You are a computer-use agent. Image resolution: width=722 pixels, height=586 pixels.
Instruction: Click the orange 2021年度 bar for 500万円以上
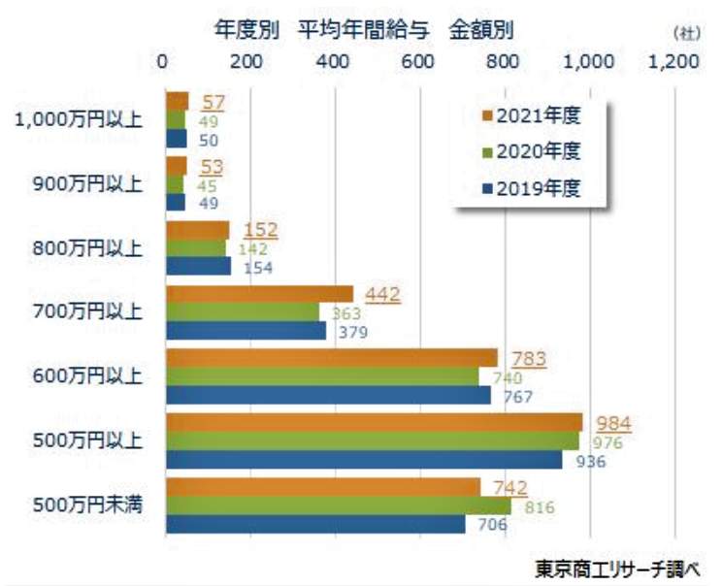click(374, 422)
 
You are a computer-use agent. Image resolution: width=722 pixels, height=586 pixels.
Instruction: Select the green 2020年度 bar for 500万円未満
click(338, 505)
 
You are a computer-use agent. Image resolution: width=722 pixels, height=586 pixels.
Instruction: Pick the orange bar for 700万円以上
click(260, 294)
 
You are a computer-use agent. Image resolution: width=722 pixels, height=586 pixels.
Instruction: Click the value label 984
click(615, 423)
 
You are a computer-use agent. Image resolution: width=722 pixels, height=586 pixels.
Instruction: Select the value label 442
click(382, 295)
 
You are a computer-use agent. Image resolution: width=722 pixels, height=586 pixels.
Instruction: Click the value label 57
click(213, 103)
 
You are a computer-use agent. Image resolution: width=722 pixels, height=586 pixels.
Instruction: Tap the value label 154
click(256, 267)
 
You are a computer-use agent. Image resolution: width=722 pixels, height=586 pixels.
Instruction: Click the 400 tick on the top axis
click(335, 60)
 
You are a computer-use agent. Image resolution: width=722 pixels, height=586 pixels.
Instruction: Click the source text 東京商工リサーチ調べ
click(620, 568)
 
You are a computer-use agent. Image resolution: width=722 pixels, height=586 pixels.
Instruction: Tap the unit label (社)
click(686, 32)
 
